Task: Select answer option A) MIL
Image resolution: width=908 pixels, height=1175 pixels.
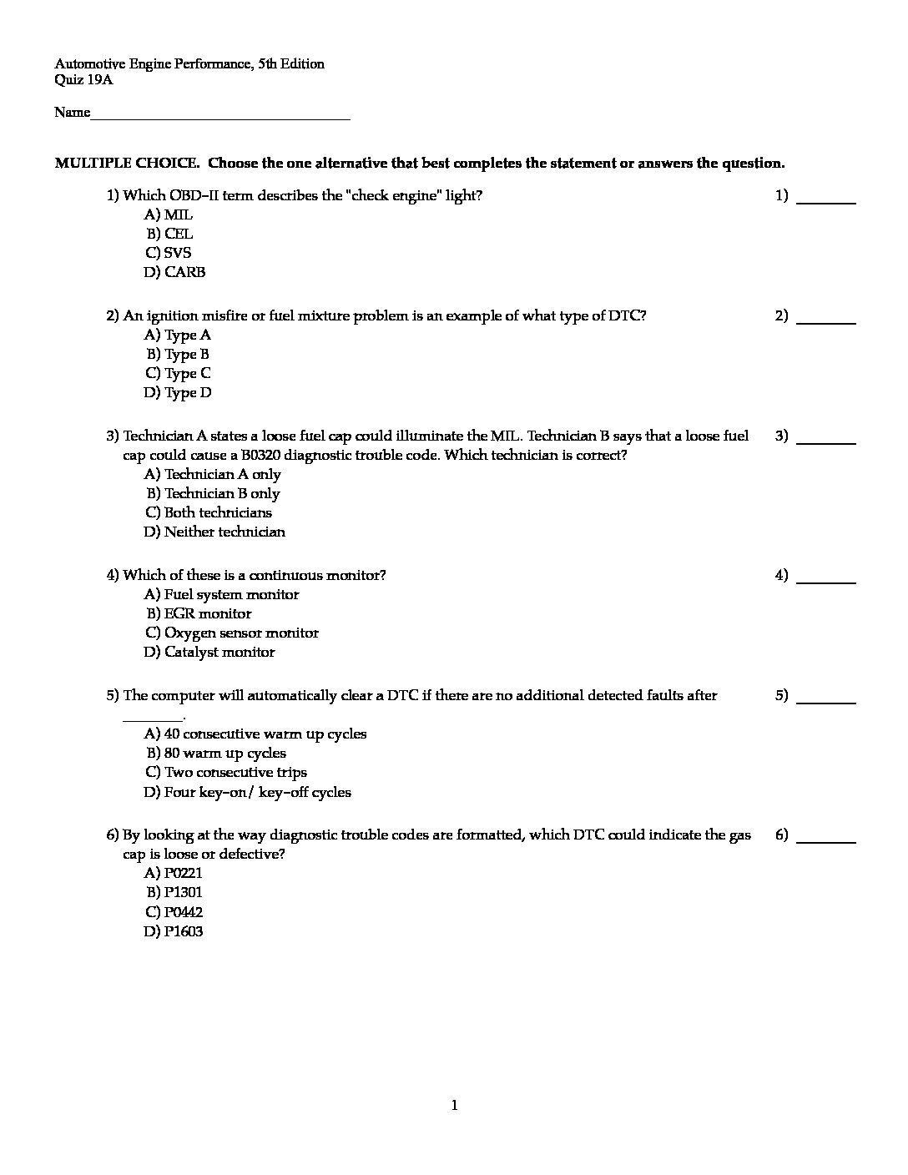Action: pos(169,215)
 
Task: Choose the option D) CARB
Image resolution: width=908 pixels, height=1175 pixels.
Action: pos(174,272)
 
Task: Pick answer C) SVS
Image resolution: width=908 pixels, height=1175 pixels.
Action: pos(169,253)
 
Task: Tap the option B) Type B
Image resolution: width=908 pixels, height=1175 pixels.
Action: pos(178,355)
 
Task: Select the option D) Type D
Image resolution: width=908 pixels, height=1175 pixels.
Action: pos(178,393)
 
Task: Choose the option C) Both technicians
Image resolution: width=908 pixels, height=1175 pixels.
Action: pos(209,513)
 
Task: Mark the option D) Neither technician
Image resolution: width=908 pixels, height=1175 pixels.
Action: pos(214,532)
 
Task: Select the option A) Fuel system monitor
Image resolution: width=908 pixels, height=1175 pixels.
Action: pos(221,595)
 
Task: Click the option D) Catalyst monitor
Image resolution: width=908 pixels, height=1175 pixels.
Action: pos(209,653)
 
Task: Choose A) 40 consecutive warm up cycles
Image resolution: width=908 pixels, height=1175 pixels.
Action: pos(255,734)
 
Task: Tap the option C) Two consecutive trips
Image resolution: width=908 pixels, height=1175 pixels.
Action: pos(225,773)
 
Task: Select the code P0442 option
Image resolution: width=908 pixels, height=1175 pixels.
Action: pos(174,913)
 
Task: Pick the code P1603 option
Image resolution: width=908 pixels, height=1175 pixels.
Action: pos(174,932)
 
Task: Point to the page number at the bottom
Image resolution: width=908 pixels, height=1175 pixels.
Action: pos(454,1107)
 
